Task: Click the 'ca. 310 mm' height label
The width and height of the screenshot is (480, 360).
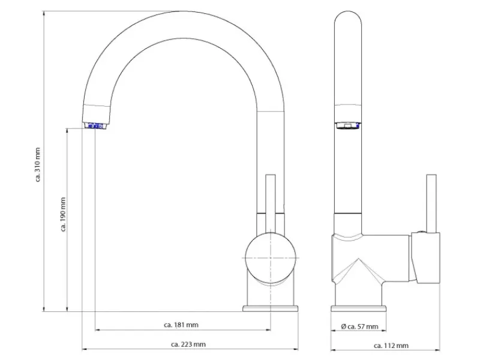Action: pos(38,164)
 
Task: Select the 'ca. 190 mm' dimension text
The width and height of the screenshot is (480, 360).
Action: pos(63,214)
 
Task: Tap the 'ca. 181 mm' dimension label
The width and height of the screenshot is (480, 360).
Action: pos(181,325)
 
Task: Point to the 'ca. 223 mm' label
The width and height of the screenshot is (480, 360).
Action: pos(188,344)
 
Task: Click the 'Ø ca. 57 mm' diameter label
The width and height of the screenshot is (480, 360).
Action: pos(359,326)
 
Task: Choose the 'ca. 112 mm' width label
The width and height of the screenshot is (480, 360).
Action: pos(391,346)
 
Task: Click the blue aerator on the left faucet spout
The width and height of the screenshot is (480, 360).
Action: pos(95,125)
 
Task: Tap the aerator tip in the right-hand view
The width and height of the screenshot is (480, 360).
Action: pos(348,125)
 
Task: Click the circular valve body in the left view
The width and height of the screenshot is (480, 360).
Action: pos(271,258)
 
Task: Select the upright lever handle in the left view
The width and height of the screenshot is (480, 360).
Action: pos(271,203)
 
